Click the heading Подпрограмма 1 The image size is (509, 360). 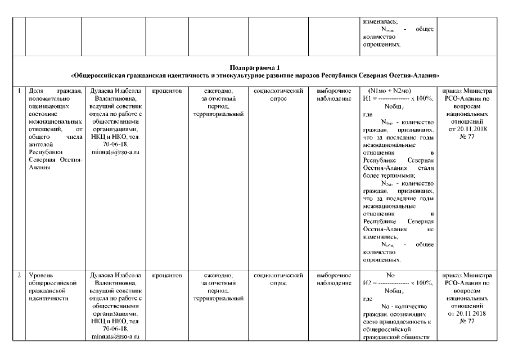(x=254, y=66)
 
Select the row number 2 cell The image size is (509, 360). (x=19, y=275)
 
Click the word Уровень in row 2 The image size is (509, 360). (x=40, y=275)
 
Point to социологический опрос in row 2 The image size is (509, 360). (x=279, y=279)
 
